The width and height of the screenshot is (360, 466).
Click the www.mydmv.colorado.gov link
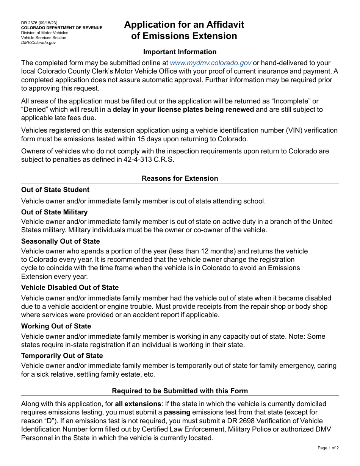tap(210, 63)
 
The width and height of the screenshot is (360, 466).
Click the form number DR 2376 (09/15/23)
tap(39, 23)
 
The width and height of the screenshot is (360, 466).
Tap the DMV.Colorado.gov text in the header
tap(38, 43)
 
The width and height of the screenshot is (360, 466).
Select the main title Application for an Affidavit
tap(184, 25)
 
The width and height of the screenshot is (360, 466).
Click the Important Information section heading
tap(180, 52)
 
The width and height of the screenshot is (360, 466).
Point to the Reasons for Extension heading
tap(180, 178)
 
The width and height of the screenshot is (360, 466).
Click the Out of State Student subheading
tap(55, 190)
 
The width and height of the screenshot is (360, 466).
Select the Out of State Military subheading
tap(54, 212)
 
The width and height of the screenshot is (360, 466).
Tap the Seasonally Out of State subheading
tap(61, 241)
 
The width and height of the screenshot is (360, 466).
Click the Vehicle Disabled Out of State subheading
tap(70, 288)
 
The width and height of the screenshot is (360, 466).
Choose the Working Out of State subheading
tap(56, 326)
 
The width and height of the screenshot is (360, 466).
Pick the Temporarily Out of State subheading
tap(62, 356)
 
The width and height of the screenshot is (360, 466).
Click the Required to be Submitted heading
tap(180, 391)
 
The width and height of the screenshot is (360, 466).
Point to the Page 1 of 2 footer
tap(328, 448)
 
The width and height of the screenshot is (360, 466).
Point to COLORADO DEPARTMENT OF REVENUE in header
tap(62, 28)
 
